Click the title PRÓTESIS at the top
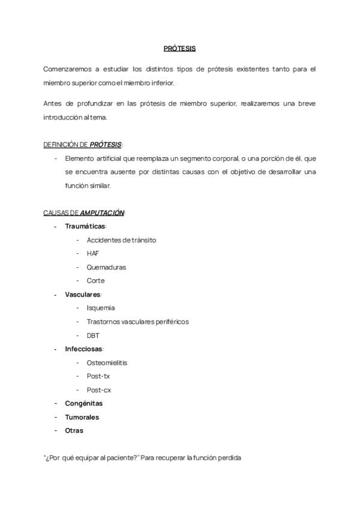click(x=180, y=49)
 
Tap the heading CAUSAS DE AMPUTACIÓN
click(x=84, y=212)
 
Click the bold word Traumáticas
click(x=85, y=226)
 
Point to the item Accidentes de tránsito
click(x=121, y=240)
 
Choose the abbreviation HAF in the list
click(x=93, y=253)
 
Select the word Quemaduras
click(x=106, y=267)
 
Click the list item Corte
click(x=95, y=280)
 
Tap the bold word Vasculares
click(x=83, y=295)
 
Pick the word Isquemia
click(x=101, y=308)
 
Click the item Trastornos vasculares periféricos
click(x=137, y=322)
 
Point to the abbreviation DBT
click(x=93, y=336)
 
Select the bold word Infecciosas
click(x=84, y=349)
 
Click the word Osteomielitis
click(x=107, y=363)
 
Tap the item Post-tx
click(x=98, y=376)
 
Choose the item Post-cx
click(x=98, y=390)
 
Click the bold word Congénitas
click(x=83, y=403)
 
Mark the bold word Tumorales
click(x=82, y=417)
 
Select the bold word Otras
click(x=74, y=430)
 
